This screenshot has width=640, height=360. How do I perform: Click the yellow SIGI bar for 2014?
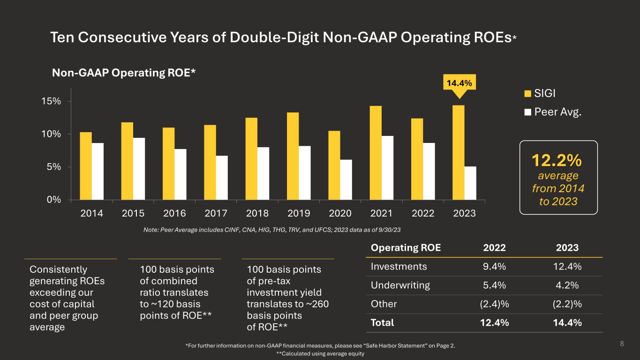[86, 166]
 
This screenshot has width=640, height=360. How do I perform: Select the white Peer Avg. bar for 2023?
[470, 183]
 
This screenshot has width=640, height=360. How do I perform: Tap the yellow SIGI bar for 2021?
[376, 153]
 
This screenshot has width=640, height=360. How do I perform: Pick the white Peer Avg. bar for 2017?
[222, 178]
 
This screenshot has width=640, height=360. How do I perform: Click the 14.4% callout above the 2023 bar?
[459, 83]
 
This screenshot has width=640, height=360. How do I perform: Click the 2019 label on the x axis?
[299, 213]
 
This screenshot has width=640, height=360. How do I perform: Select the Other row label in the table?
[384, 304]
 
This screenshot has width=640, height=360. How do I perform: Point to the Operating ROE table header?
[406, 247]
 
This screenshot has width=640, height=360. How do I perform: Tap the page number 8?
[622, 344]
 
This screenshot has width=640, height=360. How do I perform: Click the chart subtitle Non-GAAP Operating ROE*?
[124, 73]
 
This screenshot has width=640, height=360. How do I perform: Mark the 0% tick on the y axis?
[60, 200]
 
